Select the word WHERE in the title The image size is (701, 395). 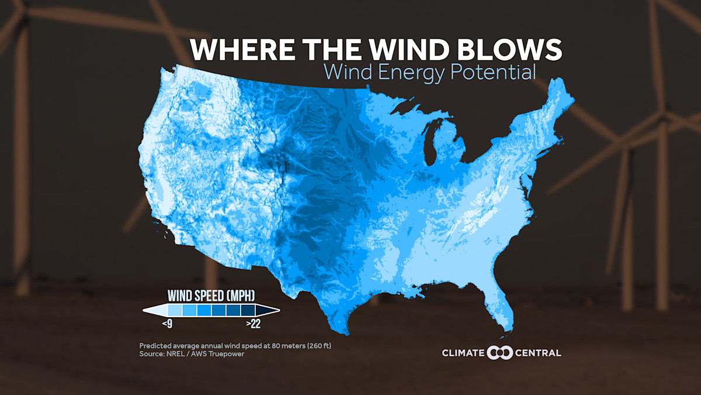pyautogui.click(x=237, y=49)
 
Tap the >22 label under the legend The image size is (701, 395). pyautogui.click(x=254, y=324)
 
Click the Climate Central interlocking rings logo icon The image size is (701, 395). pyautogui.click(x=499, y=352)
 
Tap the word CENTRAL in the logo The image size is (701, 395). pyautogui.click(x=539, y=352)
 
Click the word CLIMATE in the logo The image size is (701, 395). pyautogui.click(x=463, y=352)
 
